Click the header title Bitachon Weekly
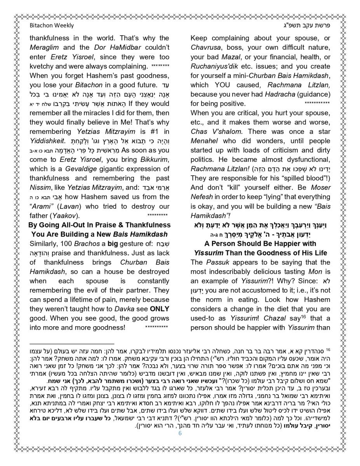(52, 26)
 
